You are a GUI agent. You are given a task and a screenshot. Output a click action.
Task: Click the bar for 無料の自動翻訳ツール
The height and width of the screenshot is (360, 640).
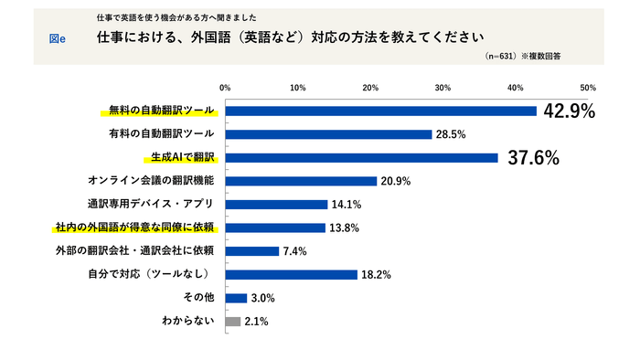pyautogui.click(x=380, y=111)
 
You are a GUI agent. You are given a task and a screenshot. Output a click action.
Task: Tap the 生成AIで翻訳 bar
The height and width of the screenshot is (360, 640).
pyautogui.click(x=361, y=157)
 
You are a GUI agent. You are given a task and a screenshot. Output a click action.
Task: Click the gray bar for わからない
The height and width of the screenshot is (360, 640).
pyautogui.click(x=232, y=322)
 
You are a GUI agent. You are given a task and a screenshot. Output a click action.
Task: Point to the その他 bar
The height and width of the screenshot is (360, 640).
pyautogui.click(x=236, y=298)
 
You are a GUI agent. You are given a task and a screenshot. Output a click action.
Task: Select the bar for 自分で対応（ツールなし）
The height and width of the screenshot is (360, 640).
pyautogui.click(x=291, y=274)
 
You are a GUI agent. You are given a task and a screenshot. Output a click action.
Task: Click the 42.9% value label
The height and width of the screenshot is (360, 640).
pyautogui.click(x=569, y=111)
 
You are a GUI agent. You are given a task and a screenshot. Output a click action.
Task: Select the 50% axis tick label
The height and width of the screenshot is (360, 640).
pyautogui.click(x=588, y=88)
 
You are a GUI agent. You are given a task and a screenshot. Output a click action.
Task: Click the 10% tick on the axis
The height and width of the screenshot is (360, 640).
pyautogui.click(x=297, y=88)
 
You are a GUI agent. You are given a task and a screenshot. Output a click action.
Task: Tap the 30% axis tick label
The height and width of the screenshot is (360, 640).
pyautogui.click(x=443, y=88)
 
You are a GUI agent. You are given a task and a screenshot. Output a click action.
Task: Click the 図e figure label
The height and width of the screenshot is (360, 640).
pyautogui.click(x=56, y=38)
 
